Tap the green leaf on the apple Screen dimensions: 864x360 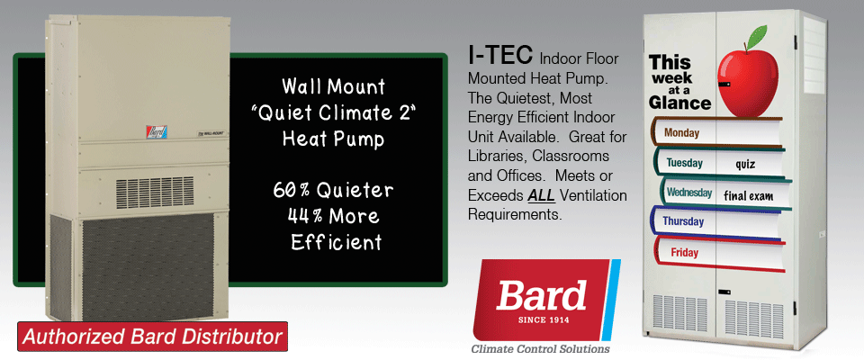757,36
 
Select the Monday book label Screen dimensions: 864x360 681,133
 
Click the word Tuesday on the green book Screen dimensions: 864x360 684,163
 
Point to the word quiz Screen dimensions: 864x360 745,165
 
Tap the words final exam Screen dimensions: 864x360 748,195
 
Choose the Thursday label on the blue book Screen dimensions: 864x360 683,221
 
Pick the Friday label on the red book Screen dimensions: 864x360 684,253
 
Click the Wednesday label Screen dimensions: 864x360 688,193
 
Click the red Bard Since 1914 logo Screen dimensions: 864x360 546,300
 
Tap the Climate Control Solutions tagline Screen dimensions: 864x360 540,349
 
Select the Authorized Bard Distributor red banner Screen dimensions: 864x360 153,337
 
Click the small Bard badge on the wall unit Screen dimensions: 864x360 157,131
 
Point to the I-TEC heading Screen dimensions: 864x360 500,55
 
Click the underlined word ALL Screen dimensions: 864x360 541,195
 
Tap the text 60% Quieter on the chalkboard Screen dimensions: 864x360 333,191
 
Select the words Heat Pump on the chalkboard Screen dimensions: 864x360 333,139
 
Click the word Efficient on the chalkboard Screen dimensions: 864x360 336,242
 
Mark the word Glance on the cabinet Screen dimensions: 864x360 679,103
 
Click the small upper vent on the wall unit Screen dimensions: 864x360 155,193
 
